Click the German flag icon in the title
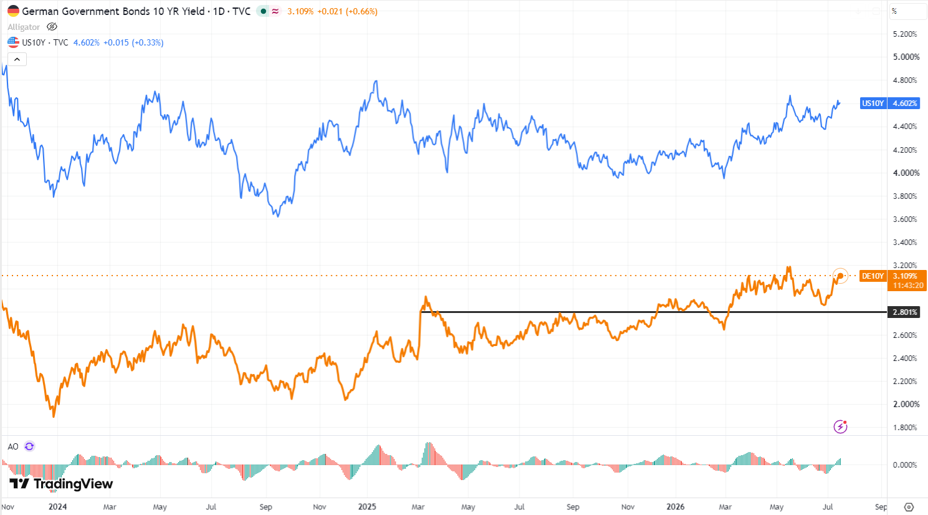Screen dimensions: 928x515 tap(13, 11)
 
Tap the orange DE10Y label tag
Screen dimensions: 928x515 tap(873, 276)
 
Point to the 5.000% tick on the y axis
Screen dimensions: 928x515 tap(906, 57)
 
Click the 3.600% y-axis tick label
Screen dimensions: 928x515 tap(906, 219)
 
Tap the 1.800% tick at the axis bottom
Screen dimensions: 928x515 tap(906, 428)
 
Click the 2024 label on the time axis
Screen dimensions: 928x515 tap(57, 507)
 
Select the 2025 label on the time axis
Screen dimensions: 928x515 tap(367, 507)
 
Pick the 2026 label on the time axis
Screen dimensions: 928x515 tap(675, 507)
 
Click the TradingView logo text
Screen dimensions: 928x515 tap(73, 484)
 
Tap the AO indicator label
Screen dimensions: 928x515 tap(13, 446)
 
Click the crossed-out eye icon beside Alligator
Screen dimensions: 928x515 tap(52, 27)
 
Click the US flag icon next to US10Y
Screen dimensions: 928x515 tap(13, 42)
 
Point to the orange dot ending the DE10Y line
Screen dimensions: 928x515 tap(840, 276)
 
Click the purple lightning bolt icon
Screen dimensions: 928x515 tap(840, 426)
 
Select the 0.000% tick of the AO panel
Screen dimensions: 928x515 tap(905, 465)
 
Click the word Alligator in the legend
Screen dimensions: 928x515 tap(24, 27)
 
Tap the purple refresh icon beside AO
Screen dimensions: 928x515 tap(29, 446)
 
